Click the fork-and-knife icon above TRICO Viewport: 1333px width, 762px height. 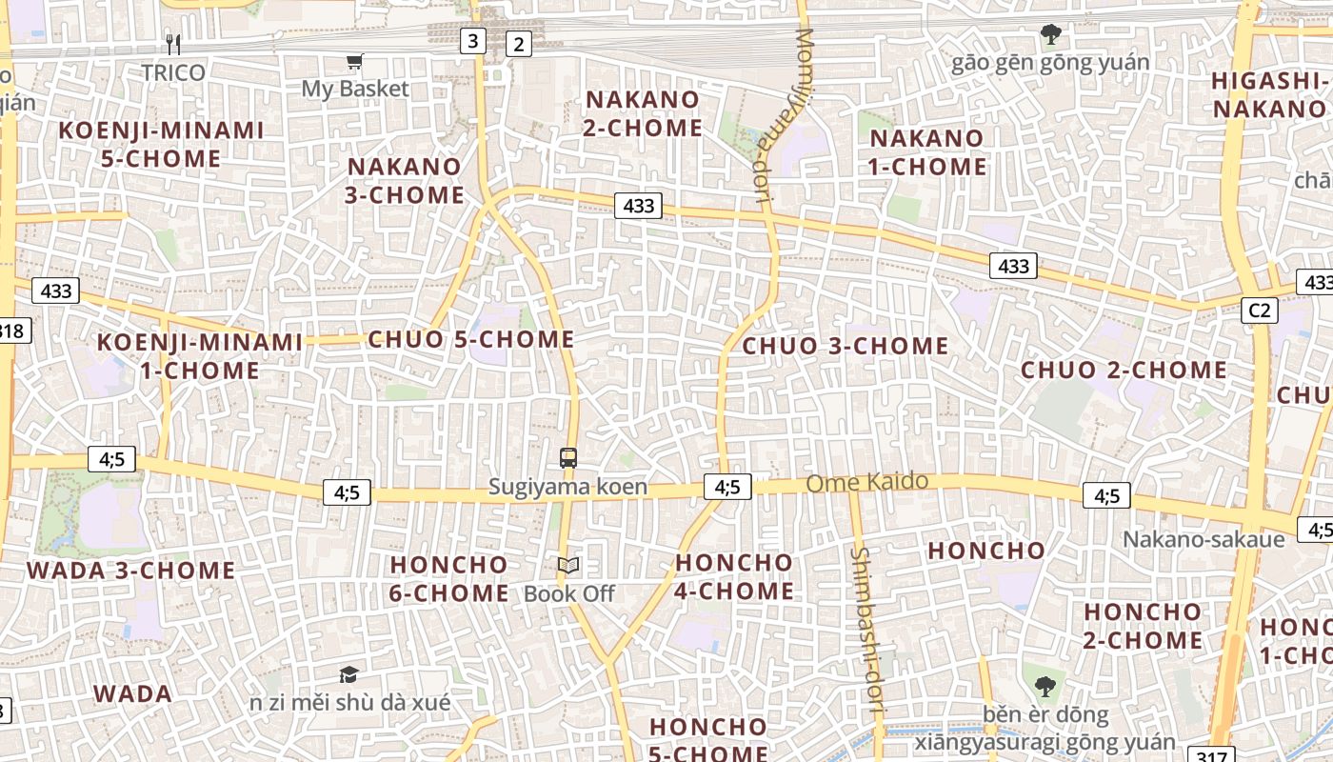point(172,44)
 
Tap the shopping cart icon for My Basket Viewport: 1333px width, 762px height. point(355,62)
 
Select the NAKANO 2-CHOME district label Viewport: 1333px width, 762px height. point(643,113)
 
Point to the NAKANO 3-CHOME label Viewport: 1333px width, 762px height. point(406,181)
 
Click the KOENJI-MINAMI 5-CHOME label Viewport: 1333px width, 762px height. point(161,144)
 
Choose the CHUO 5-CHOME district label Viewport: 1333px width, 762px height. point(471,339)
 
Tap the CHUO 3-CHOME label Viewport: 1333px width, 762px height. point(846,346)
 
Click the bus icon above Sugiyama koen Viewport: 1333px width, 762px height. point(568,458)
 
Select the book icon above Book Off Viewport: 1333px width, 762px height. point(568,566)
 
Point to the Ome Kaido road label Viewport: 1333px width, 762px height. point(866,482)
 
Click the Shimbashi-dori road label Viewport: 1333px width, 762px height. point(866,630)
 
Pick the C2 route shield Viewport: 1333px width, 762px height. point(1259,310)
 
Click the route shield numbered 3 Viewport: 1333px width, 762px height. point(472,41)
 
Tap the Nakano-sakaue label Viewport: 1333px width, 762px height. point(1204,539)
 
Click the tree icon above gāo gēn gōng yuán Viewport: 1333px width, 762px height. point(1050,35)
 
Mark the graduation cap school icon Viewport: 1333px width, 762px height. point(349,674)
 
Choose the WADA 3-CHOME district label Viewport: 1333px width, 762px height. point(131,571)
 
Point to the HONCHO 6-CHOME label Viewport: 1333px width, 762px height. point(449,578)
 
